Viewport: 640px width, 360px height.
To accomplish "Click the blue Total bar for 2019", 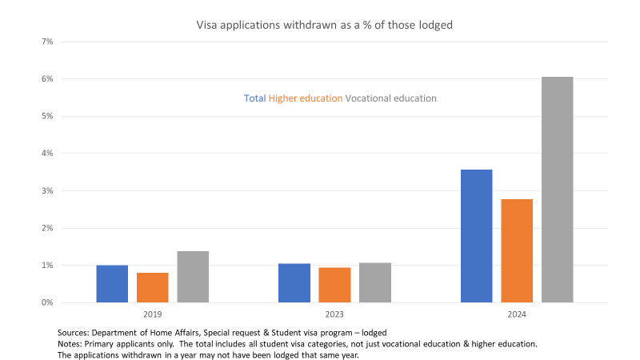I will tap(112, 284).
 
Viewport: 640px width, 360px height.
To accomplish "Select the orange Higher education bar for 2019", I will tap(152, 288).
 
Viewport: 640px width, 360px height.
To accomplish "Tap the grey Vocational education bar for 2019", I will tap(193, 277).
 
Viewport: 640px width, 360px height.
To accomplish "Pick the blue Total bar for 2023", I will tap(294, 283).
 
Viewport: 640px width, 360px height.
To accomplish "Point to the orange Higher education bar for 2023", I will tap(334, 285).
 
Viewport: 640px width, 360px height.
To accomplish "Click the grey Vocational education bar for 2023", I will tap(375, 282).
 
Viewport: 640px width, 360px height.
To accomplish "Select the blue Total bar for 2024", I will tap(477, 236).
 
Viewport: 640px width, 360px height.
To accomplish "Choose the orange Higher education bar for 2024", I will tap(517, 250).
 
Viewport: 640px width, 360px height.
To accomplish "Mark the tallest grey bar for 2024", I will tap(558, 190).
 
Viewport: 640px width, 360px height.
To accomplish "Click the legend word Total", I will tap(255, 98).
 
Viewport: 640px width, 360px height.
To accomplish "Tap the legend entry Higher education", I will tap(306, 98).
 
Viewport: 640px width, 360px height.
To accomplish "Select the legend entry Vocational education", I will tap(391, 98).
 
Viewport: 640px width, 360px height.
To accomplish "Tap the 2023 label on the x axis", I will tap(334, 315).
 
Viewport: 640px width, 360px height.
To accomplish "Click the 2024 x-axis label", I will tap(517, 315).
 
